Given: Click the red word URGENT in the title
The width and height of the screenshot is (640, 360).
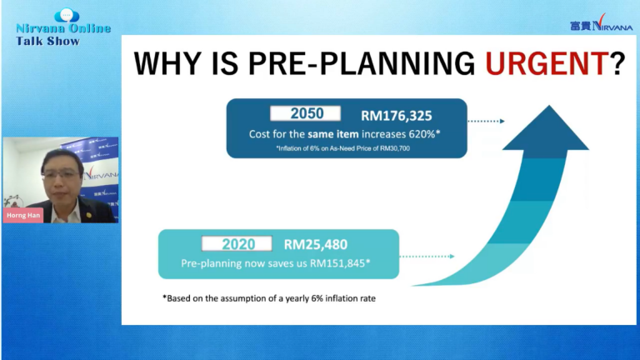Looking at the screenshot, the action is coord(547,63).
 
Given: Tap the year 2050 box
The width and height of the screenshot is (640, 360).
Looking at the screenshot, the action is coord(305,113).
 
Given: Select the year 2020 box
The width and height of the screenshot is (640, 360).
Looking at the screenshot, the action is coord(237,243).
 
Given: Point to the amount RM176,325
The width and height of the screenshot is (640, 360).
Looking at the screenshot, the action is coord(397,116).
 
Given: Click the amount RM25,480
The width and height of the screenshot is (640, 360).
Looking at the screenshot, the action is coord(316,244).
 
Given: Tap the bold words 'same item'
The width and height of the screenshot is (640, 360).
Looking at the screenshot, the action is coord(333,134).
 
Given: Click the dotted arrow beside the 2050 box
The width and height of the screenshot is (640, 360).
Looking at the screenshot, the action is coord(486,121).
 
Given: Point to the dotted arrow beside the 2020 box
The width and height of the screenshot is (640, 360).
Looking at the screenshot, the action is coord(427,257).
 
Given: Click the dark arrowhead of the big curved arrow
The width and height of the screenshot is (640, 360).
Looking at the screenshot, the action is coord(546,132).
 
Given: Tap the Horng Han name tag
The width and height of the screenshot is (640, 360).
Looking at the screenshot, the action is coord(23,215).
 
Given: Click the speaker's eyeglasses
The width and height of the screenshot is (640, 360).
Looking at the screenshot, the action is coord(60,175).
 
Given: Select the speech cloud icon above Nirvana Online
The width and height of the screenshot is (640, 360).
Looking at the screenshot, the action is coord(67,16).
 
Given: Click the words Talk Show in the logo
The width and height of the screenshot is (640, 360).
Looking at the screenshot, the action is coord(47,41).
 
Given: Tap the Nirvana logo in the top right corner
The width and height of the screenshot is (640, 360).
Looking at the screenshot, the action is coord(601,23).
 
